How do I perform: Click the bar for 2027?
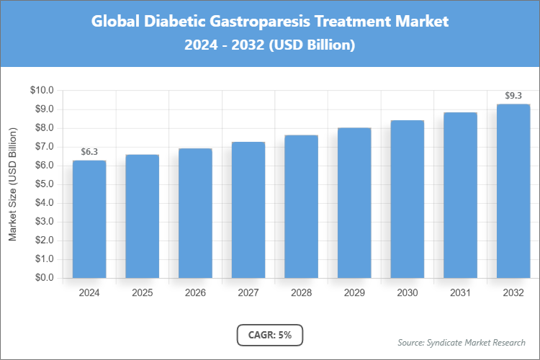pyautogui.click(x=248, y=210)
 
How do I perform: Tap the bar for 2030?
pyautogui.click(x=408, y=199)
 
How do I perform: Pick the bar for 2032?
pyautogui.click(x=513, y=191)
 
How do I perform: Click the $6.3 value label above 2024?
pyautogui.click(x=89, y=152)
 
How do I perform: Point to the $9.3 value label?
pyautogui.click(x=513, y=96)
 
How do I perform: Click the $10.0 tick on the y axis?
pyautogui.click(x=42, y=91)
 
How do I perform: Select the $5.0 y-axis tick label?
pyautogui.click(x=44, y=184)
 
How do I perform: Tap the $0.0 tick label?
pyautogui.click(x=44, y=278)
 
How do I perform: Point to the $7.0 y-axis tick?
pyautogui.click(x=44, y=147)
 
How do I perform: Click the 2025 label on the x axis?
pyautogui.click(x=143, y=293)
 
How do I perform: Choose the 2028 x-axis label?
pyautogui.click(x=302, y=293)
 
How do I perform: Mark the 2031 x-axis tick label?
pyautogui.click(x=460, y=293)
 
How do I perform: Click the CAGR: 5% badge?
pyautogui.click(x=270, y=335)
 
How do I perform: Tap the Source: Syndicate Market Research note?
pyautogui.click(x=461, y=342)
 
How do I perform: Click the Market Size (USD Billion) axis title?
pyautogui.click(x=13, y=184)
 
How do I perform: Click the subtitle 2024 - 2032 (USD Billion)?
pyautogui.click(x=270, y=45)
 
